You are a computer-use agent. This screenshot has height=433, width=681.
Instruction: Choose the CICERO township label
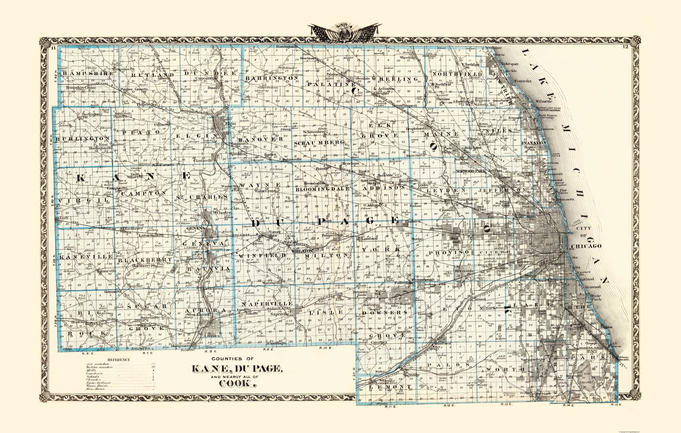click(x=494, y=252)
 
